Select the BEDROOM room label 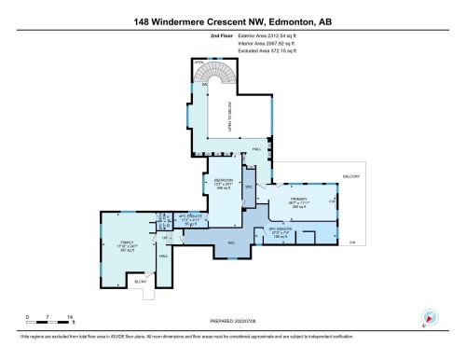pos(223,180)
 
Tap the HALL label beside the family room pos(163,256)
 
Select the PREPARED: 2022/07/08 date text pos(232,320)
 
